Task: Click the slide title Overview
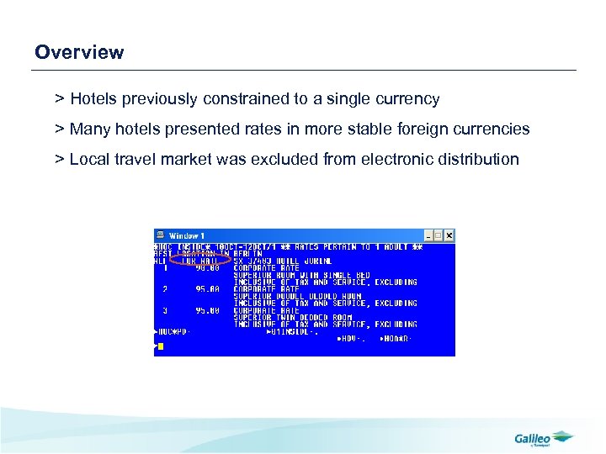[79, 52]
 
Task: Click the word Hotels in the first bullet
[93, 99]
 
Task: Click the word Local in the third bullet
[89, 159]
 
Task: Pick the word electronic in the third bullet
[395, 159]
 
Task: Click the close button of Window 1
[449, 235]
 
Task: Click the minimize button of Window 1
[428, 235]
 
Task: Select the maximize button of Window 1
[438, 235]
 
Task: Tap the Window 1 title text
[187, 235]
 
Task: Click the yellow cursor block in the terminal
[161, 346]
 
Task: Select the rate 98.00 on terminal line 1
[207, 268]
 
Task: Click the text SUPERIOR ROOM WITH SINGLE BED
[301, 276]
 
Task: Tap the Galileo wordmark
[532, 437]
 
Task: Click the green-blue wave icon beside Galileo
[562, 436]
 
